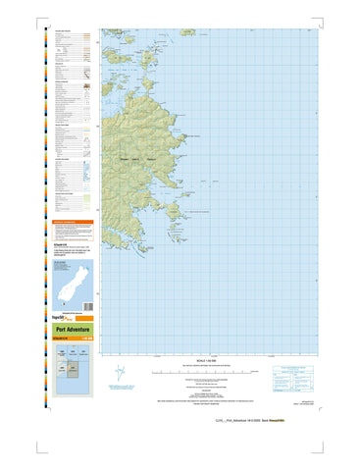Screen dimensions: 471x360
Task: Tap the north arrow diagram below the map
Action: coord(118,374)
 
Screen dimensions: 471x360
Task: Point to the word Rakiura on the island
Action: coord(151,157)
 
